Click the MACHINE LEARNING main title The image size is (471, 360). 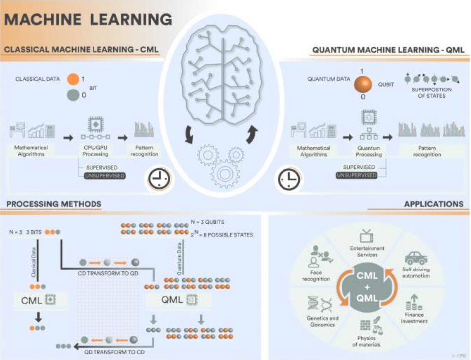point(89,19)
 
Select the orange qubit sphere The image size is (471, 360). point(363,84)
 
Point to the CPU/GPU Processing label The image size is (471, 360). point(95,151)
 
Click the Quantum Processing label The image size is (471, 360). point(369,151)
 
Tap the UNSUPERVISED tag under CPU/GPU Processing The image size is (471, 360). point(104,175)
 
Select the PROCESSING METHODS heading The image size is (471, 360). point(53,204)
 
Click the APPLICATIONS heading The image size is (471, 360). point(433,204)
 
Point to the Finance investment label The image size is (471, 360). point(414,318)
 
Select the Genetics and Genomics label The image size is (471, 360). point(320,321)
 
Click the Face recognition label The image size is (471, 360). point(316,275)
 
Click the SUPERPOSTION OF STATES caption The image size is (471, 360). point(428,93)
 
